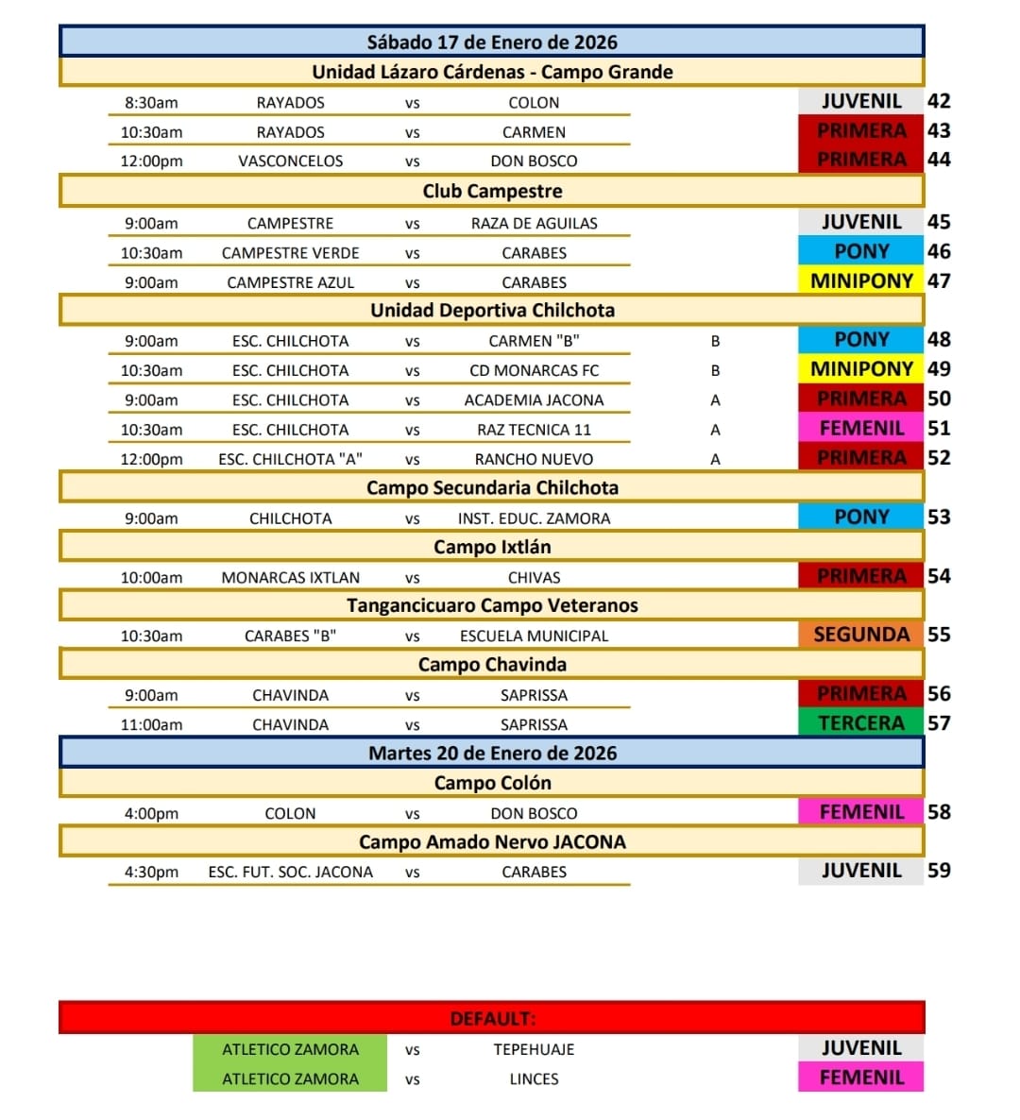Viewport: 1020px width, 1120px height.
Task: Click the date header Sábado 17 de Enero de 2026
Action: [x=491, y=42]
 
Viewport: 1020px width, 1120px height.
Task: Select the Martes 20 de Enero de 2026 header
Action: [x=491, y=754]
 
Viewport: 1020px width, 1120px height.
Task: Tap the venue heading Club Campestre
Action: [x=491, y=192]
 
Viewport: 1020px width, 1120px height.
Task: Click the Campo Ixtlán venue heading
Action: [x=491, y=548]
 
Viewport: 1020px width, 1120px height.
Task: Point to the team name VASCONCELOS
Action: [x=290, y=161]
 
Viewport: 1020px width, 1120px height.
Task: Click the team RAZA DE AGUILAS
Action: [x=534, y=224]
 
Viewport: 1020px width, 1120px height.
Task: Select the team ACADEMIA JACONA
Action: [x=534, y=400]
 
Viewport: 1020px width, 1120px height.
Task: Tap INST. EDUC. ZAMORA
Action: [x=534, y=518]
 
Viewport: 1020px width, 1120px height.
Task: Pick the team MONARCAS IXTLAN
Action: [x=290, y=578]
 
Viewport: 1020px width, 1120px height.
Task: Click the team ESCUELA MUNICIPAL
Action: [x=534, y=636]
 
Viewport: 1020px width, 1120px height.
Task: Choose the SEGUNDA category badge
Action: [x=860, y=635]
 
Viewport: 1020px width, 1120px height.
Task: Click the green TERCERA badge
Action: [x=860, y=723]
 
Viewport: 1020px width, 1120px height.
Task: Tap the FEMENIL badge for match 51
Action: [x=860, y=429]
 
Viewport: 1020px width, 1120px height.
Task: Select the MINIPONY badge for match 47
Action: [x=860, y=281]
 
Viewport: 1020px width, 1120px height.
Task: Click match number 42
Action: [x=939, y=102]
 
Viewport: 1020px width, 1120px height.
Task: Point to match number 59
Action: [x=939, y=871]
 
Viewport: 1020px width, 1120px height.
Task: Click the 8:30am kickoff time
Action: [x=151, y=103]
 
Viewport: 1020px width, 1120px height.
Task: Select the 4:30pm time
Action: [x=151, y=873]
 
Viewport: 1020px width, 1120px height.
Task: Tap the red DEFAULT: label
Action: [x=491, y=1019]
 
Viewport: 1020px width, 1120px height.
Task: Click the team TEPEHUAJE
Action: [x=534, y=1050]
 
